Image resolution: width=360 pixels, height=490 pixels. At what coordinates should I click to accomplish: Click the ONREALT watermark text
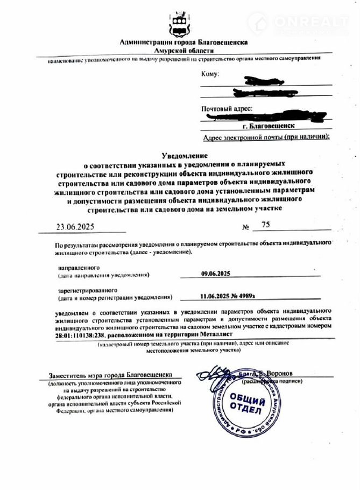312,22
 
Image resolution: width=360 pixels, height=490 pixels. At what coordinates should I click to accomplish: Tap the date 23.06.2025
79,227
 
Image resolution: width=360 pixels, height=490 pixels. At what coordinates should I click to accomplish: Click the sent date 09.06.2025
215,274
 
